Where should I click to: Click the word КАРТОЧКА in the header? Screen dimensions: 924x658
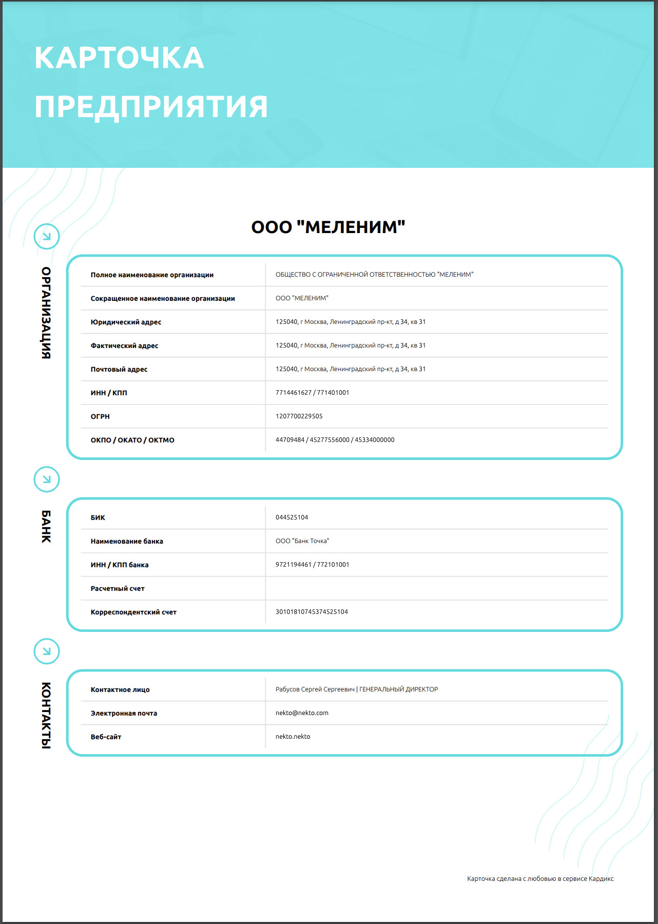click(119, 57)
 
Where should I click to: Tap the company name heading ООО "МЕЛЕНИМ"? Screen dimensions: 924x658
click(328, 227)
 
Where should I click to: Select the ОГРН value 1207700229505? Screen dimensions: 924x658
click(299, 416)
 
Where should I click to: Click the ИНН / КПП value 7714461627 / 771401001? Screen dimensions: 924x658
click(312, 393)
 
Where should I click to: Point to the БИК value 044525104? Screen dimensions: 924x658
click(292, 517)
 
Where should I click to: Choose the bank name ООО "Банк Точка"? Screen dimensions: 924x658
click(302, 541)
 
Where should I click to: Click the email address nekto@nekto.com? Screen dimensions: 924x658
click(302, 713)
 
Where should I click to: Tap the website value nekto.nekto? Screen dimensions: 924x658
click(293, 737)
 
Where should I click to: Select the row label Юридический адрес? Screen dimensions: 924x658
click(126, 322)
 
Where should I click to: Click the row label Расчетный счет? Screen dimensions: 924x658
click(118, 589)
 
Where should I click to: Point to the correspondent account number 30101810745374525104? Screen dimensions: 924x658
click(312, 612)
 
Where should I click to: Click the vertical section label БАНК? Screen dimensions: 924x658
click(46, 526)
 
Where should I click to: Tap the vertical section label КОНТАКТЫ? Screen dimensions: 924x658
click(46, 715)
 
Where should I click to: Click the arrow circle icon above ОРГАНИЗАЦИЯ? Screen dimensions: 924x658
click(47, 237)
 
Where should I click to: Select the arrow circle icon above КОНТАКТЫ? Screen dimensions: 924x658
click(47, 651)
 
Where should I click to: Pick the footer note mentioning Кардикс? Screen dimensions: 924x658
click(540, 879)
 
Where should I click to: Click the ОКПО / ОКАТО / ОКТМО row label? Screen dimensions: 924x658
click(132, 440)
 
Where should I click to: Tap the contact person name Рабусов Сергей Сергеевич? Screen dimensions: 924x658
click(315, 689)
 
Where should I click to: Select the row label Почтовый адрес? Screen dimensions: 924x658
click(119, 370)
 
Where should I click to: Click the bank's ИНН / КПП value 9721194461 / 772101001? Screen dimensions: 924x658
click(312, 565)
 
